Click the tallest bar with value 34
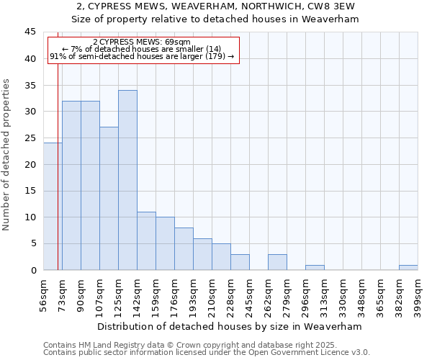point(127,180)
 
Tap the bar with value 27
point(109,199)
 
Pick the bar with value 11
point(146,241)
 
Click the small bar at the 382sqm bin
point(408,268)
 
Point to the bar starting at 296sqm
point(315,268)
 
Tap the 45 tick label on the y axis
point(30,32)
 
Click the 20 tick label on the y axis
point(30,164)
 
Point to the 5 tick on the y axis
point(33,243)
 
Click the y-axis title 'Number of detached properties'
point(7,154)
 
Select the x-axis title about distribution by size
point(230,327)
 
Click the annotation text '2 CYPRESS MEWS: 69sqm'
point(142,42)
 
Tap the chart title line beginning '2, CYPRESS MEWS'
point(215,6)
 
